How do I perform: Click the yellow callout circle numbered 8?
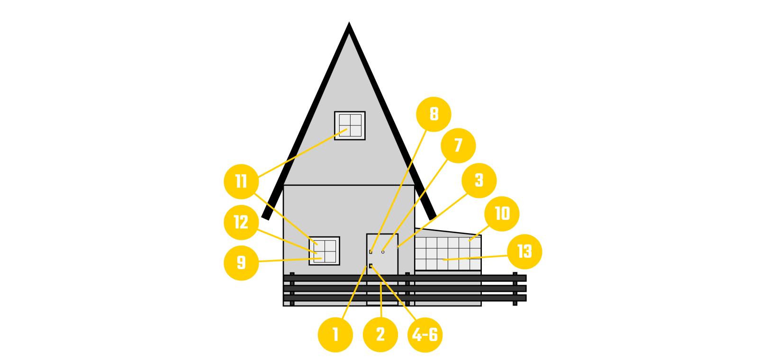click(x=433, y=114)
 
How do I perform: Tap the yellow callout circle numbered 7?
click(x=458, y=145)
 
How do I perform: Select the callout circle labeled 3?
click(x=479, y=180)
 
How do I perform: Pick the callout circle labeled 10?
click(x=502, y=214)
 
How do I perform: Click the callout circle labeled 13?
click(x=524, y=252)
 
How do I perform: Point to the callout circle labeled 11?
click(x=241, y=181)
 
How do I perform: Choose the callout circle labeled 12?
click(x=241, y=222)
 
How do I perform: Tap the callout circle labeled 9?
click(x=241, y=263)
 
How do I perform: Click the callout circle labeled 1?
click(x=335, y=334)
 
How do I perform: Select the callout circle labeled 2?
click(x=380, y=334)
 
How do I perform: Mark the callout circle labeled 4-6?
click(x=425, y=335)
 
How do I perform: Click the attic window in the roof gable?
click(x=350, y=126)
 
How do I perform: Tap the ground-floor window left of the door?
click(x=325, y=251)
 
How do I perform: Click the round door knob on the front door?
click(x=383, y=252)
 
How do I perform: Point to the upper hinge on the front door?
click(x=370, y=252)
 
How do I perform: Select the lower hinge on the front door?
click(x=370, y=266)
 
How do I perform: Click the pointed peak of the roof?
click(x=349, y=35)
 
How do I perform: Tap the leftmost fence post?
click(x=292, y=288)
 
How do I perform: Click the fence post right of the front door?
click(x=407, y=288)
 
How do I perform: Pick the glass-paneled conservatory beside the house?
click(x=448, y=253)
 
